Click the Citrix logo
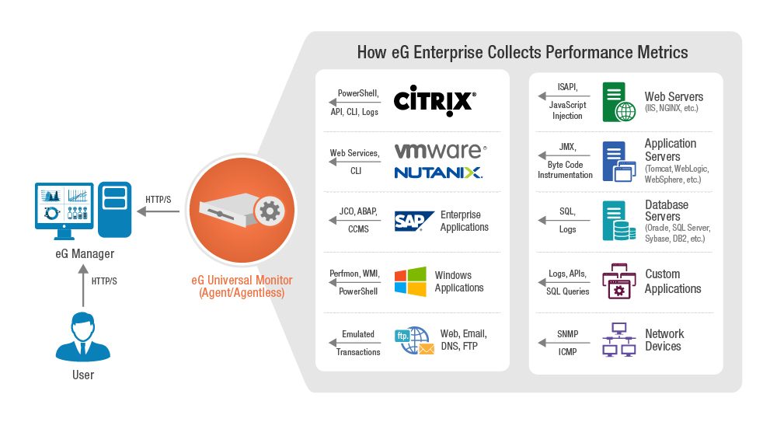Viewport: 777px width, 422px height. click(x=434, y=102)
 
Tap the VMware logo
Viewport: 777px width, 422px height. click(x=440, y=150)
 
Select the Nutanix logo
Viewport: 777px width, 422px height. click(x=438, y=172)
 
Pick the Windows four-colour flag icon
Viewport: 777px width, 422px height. click(x=410, y=281)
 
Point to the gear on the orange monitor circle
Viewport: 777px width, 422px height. click(x=269, y=211)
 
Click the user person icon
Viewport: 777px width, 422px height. click(x=83, y=337)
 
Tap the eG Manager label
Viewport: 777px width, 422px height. click(x=85, y=253)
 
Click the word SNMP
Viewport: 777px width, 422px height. click(x=568, y=334)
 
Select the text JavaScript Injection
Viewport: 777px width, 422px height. click(x=567, y=110)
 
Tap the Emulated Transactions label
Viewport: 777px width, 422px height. click(x=358, y=343)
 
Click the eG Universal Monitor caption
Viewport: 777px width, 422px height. click(x=241, y=286)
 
